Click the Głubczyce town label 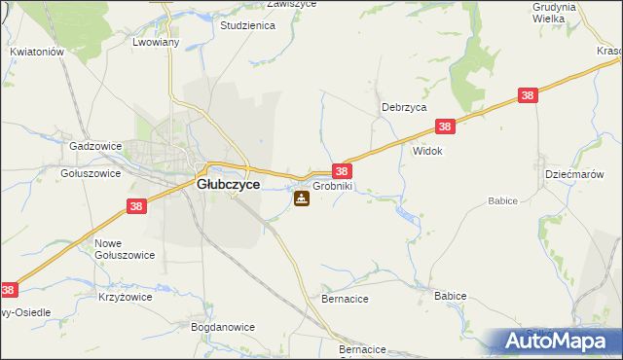228,183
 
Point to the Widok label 428,152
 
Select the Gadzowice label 95,146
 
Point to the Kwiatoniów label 36,52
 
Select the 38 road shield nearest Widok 445,126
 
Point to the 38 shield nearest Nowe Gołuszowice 136,206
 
